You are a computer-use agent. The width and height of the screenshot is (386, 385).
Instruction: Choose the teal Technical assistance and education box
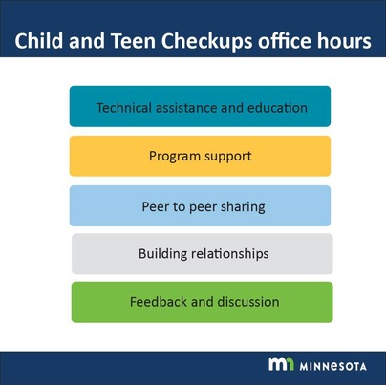[200, 107]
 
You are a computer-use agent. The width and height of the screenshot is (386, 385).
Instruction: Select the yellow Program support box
[200, 156]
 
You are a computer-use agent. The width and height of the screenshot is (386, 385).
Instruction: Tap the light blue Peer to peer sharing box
[200, 205]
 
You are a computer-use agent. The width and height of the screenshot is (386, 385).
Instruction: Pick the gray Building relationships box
[202, 254]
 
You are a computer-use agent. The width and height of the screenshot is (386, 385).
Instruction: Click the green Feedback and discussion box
[202, 302]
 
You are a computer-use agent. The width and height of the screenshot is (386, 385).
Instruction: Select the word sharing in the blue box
[242, 206]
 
